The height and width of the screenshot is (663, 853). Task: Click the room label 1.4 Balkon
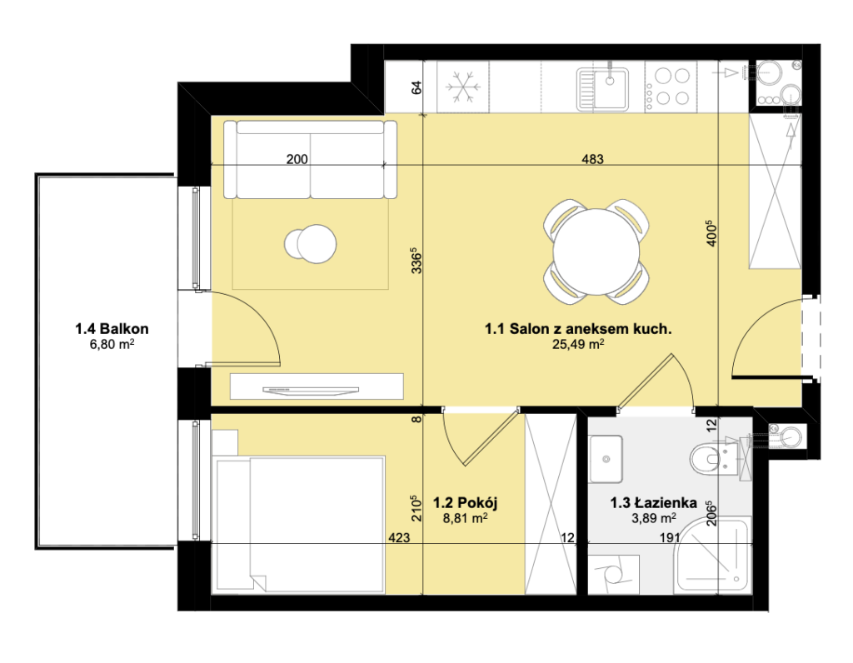[112, 328]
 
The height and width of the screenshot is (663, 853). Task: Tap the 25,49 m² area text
[578, 344]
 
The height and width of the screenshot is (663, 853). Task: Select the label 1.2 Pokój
[465, 502]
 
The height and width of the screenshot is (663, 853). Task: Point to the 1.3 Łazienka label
[653, 502]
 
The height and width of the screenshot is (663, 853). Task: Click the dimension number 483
[592, 159]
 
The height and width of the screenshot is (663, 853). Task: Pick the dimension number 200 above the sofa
[297, 159]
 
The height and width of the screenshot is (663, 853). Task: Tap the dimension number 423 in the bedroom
[399, 538]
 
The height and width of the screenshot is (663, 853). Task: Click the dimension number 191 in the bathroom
[670, 538]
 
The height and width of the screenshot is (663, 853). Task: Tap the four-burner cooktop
[668, 87]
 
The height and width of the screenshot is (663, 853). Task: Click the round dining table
[596, 252]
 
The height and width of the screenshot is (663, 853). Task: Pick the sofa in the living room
[311, 160]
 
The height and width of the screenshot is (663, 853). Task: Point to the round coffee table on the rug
[311, 244]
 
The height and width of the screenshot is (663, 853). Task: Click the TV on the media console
[311, 390]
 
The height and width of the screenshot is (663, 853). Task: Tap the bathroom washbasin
[606, 459]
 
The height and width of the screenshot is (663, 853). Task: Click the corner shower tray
[712, 556]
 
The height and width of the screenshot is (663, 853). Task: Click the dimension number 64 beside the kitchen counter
[417, 87]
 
